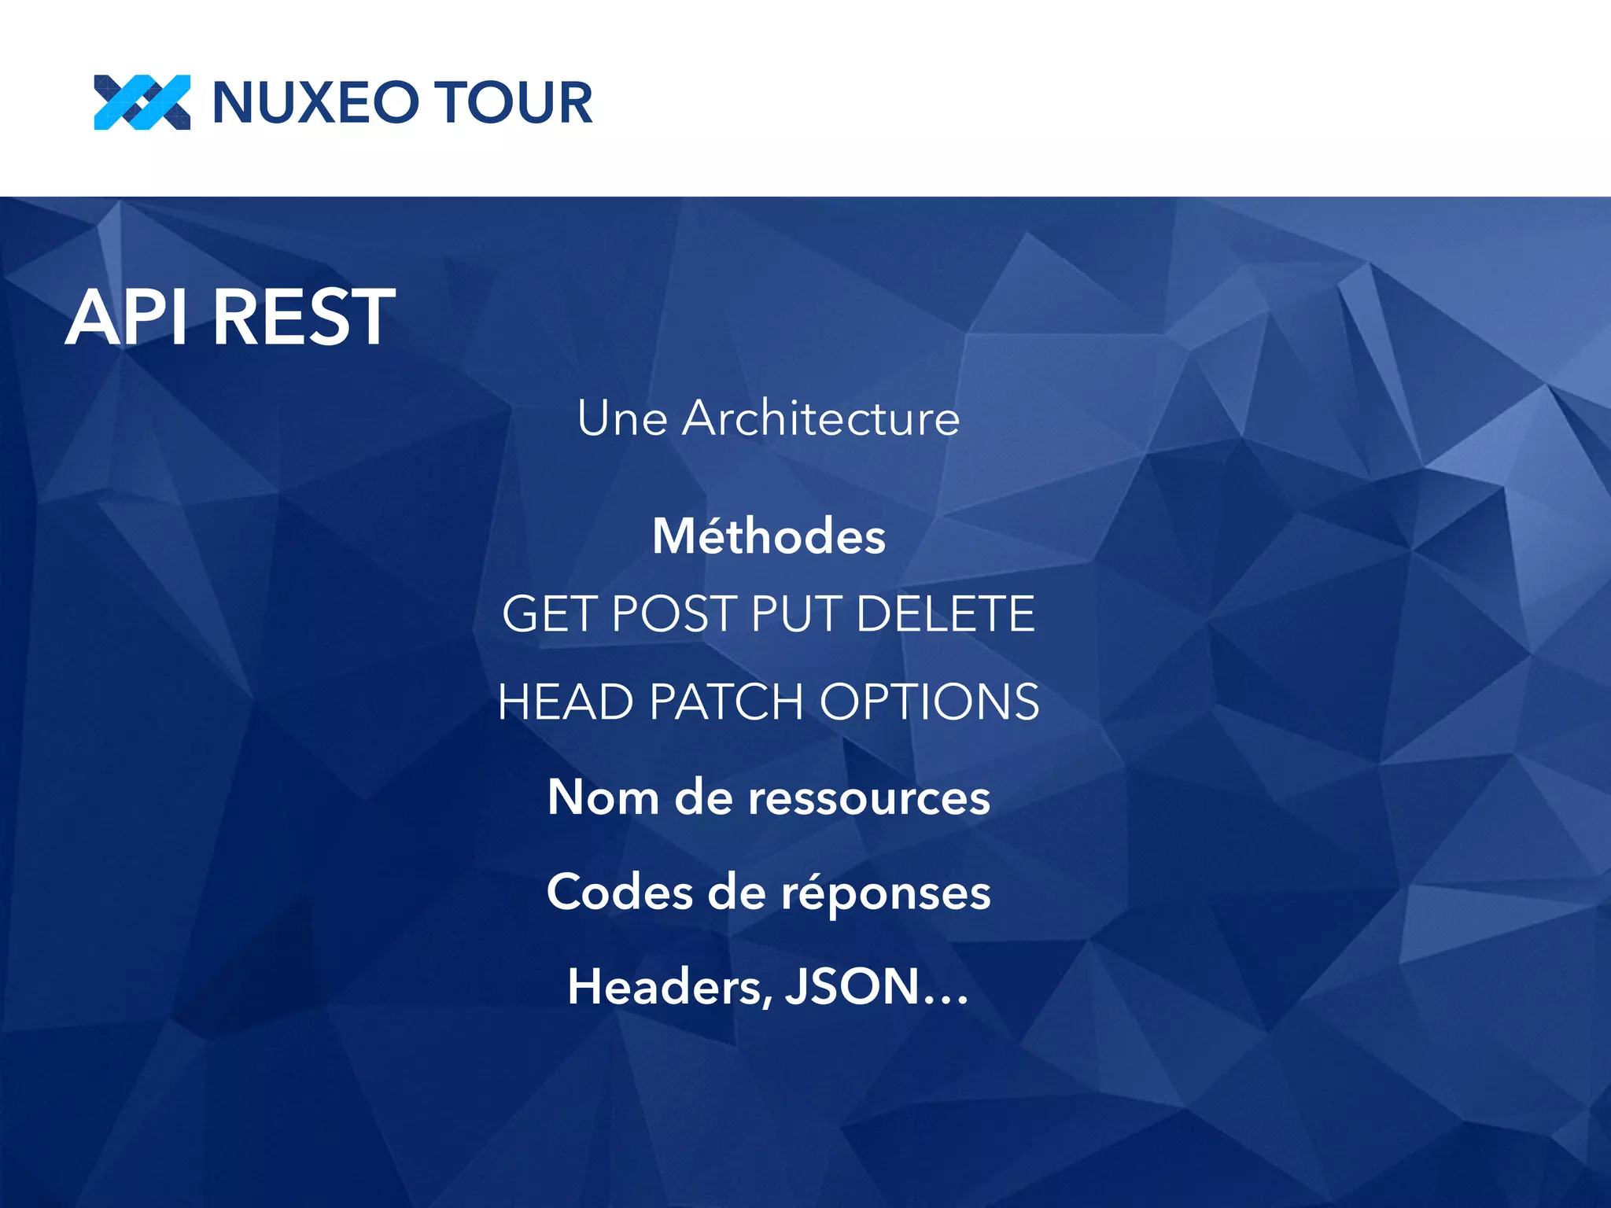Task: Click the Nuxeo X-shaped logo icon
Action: point(142,102)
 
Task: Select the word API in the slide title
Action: point(128,317)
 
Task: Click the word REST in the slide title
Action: point(304,317)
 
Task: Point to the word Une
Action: point(622,418)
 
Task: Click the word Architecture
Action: point(821,418)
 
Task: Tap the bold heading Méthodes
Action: point(769,536)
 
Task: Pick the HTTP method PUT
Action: point(798,613)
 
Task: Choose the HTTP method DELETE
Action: point(946,613)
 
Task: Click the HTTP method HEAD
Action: point(566,702)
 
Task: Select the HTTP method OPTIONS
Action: point(930,702)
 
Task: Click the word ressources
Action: point(868,797)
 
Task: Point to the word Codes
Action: point(620,893)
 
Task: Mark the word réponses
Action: point(886,894)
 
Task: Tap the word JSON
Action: point(853,987)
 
